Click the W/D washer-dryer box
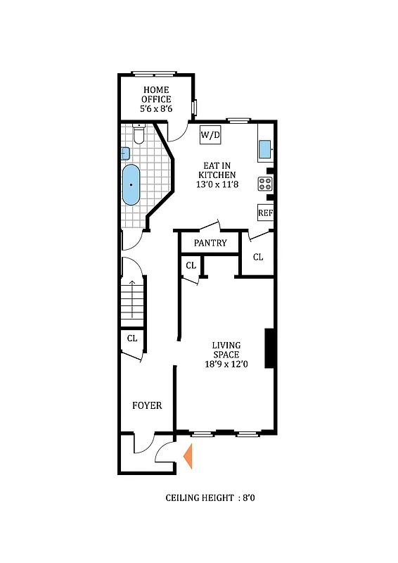coord(210,134)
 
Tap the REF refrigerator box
coord(265,213)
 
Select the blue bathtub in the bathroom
coord(131,184)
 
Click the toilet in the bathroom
coord(139,134)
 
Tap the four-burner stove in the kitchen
coord(266,184)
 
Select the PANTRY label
coord(210,243)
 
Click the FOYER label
coord(147,405)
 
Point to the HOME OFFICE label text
coord(157,94)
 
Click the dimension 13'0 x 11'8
coord(216,185)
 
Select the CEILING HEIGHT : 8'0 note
coord(214,498)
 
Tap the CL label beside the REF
coord(258,257)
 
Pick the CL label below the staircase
coord(131,339)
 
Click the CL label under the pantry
coord(191,265)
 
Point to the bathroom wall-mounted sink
coord(125,153)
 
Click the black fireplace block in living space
coord(269,348)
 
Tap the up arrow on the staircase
coord(132,286)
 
